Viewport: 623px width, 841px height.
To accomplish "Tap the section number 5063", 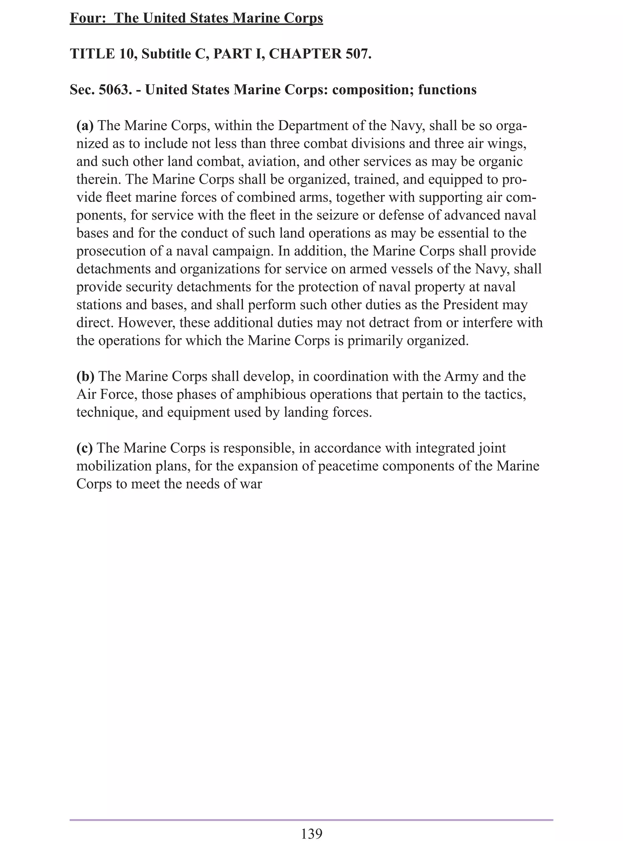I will point(112,90).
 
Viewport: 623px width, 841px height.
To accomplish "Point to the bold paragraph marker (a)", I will point(85,126).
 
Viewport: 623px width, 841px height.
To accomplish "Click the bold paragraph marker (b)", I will point(85,376).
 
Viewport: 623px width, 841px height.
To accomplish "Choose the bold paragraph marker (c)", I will point(85,448).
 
